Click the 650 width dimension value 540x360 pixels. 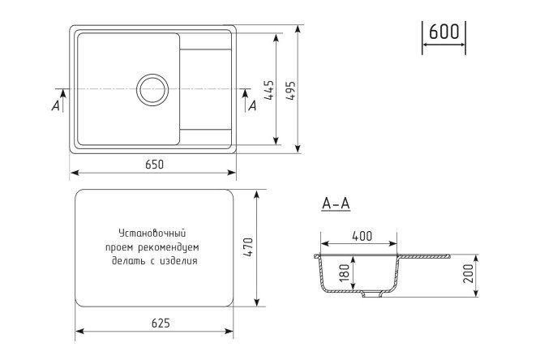click(x=154, y=165)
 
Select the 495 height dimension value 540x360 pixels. click(x=291, y=90)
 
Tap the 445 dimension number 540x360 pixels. click(x=269, y=90)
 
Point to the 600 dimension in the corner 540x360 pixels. click(x=444, y=32)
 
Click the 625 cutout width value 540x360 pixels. click(x=161, y=324)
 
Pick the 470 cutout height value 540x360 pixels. click(x=248, y=247)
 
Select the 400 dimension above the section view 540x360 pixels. click(x=362, y=236)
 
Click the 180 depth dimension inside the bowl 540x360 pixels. click(x=345, y=273)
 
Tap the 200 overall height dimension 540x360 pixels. click(x=468, y=273)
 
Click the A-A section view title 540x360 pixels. click(x=336, y=204)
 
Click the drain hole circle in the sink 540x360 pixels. click(x=152, y=89)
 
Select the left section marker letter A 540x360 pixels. click(x=55, y=105)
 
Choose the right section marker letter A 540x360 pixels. click(x=252, y=105)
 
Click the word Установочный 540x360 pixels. click(x=152, y=234)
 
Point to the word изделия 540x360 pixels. click(x=178, y=261)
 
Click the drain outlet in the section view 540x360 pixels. click(x=372, y=294)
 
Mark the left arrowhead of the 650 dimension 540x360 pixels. click(x=75, y=173)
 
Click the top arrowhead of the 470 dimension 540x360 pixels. click(x=256, y=195)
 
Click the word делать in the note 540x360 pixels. click(x=128, y=261)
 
